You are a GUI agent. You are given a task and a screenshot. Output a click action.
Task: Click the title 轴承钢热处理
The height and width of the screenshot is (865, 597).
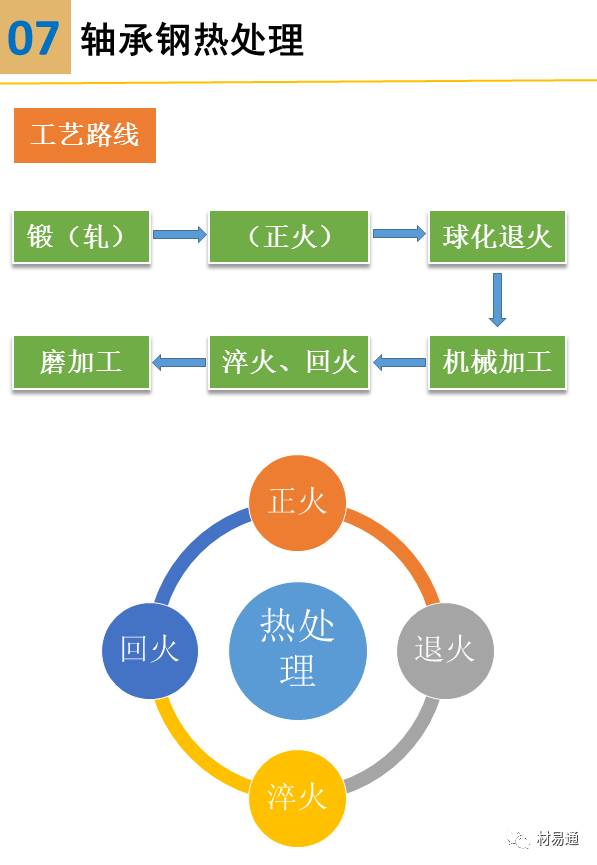click(192, 40)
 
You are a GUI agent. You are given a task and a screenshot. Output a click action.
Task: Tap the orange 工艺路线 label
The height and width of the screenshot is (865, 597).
click(85, 135)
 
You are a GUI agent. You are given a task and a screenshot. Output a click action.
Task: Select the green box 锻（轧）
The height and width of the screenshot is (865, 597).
click(81, 237)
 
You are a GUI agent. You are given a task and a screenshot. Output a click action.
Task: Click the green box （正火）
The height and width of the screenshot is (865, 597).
click(288, 237)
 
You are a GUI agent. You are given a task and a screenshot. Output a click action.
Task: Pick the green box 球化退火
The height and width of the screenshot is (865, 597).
click(497, 237)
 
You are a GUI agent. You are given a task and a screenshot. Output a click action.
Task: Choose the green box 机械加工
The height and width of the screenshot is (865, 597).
click(497, 361)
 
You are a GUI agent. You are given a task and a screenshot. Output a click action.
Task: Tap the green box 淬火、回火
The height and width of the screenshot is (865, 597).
click(289, 361)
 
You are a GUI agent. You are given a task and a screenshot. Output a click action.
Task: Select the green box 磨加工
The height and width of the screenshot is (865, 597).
click(81, 361)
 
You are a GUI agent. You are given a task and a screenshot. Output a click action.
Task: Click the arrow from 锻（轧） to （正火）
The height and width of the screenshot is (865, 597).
click(179, 236)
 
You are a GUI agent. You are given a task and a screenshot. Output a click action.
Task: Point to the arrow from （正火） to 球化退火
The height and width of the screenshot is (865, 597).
click(398, 234)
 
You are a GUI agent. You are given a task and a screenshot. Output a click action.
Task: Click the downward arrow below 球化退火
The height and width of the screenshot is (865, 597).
click(497, 299)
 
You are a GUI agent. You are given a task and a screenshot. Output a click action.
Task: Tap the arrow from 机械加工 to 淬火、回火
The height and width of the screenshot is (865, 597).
click(399, 361)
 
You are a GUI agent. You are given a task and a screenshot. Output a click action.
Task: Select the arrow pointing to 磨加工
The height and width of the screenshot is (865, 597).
click(179, 361)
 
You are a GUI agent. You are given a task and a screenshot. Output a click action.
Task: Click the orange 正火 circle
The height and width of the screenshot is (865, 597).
click(297, 500)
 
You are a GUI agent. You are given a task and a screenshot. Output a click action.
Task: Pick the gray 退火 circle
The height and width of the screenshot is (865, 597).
click(444, 649)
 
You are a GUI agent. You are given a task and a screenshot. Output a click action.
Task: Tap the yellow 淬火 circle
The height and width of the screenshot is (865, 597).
click(297, 797)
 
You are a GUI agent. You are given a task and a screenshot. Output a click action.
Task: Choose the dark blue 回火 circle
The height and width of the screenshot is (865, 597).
click(150, 649)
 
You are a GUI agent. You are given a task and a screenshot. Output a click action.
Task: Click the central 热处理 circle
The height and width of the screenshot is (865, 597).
click(297, 649)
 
